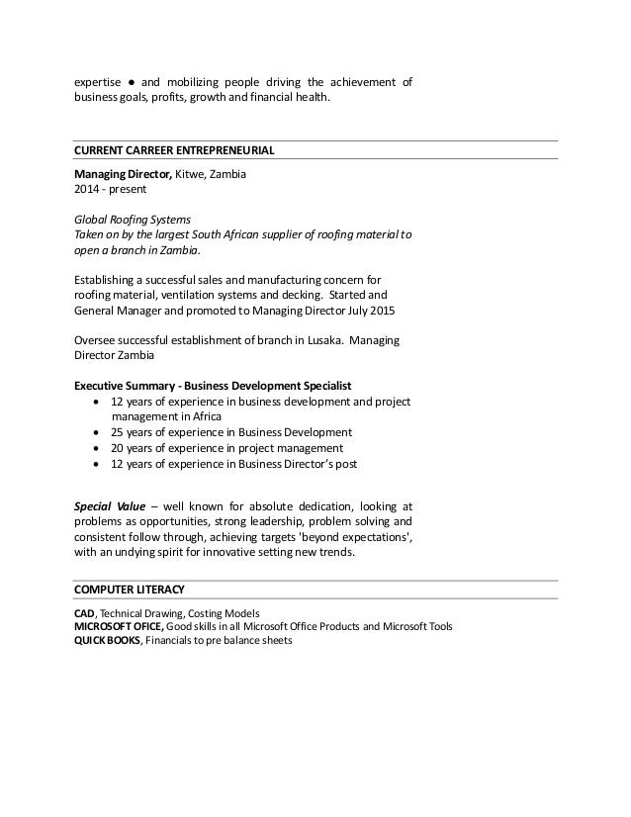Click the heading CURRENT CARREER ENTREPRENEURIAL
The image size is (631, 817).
(x=174, y=150)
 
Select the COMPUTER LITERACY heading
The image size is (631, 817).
(x=130, y=590)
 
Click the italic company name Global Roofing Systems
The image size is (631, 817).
(x=133, y=220)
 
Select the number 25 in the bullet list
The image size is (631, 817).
(x=118, y=432)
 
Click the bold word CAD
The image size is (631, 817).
(x=86, y=612)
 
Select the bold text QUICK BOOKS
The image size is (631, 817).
(x=109, y=640)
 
